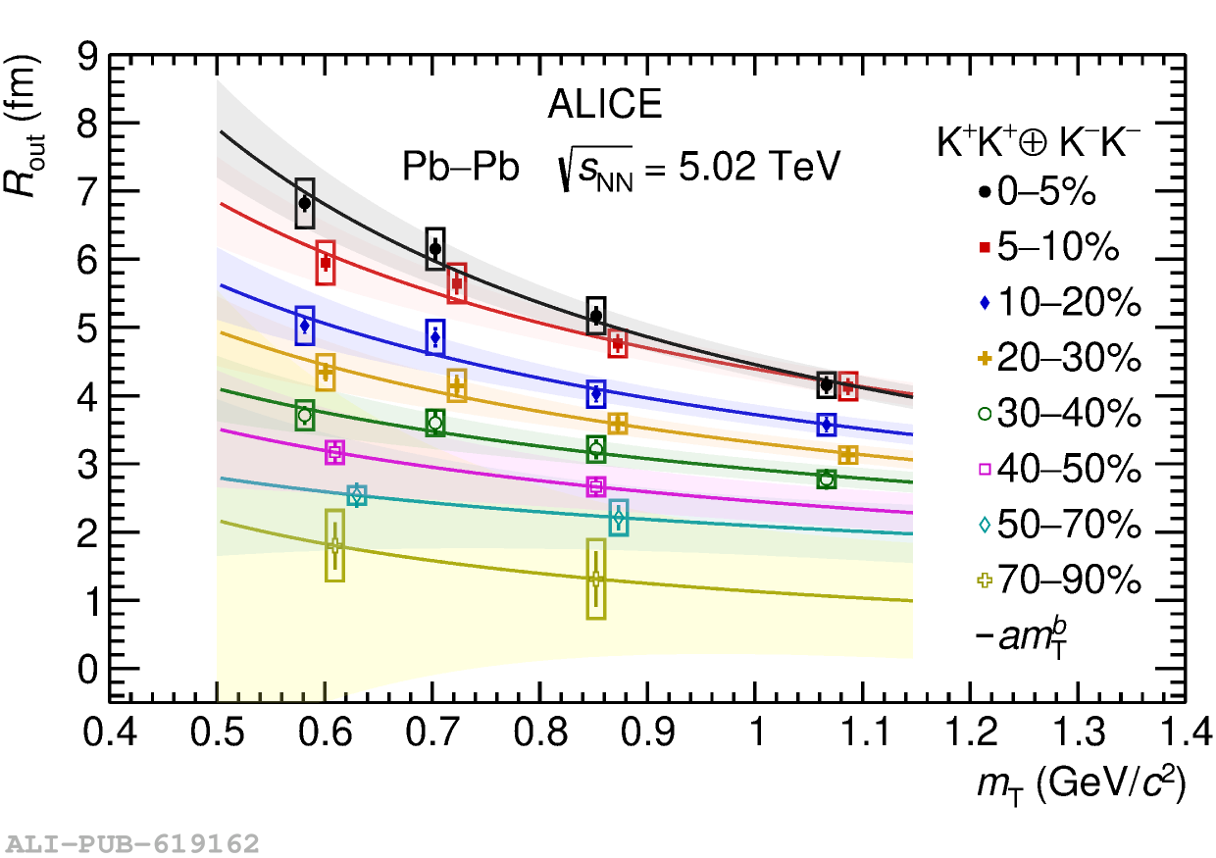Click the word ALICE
click(604, 105)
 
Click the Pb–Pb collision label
click(460, 168)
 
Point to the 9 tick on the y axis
click(84, 57)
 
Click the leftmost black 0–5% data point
click(305, 203)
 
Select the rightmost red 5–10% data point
click(848, 386)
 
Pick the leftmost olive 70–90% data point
click(334, 545)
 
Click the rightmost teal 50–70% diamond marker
click(618, 517)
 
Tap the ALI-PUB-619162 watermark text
click(132, 843)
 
